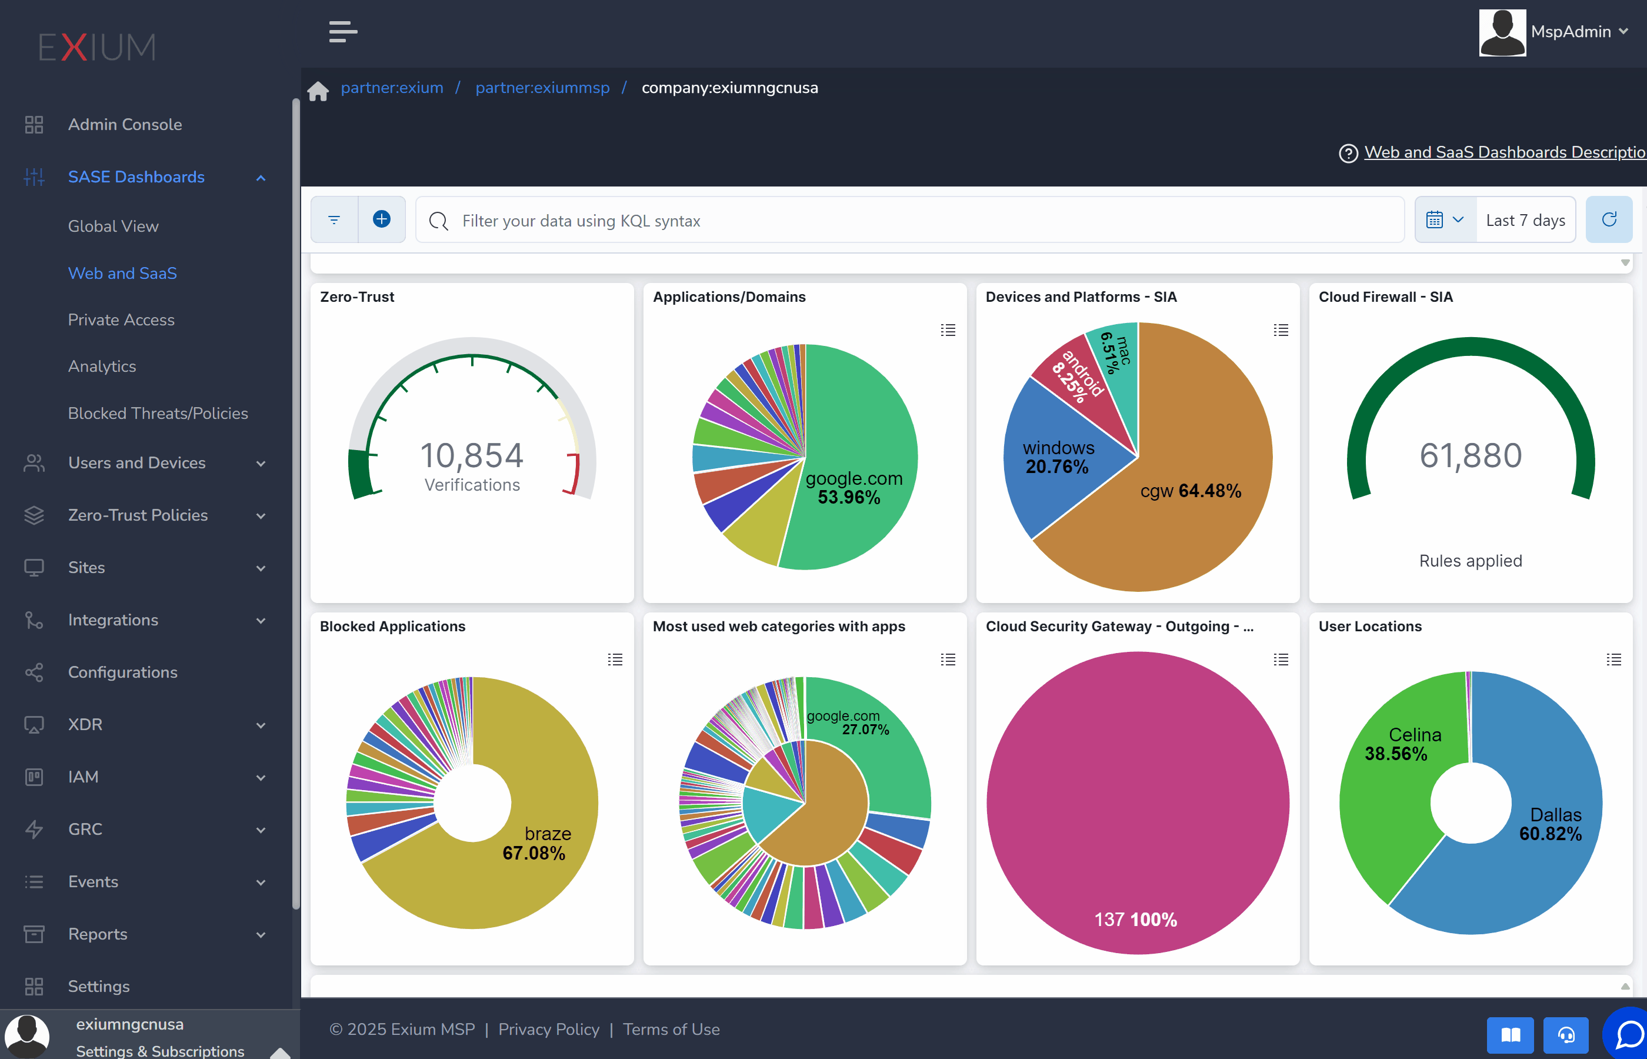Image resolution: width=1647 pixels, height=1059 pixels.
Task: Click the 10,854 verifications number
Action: point(472,455)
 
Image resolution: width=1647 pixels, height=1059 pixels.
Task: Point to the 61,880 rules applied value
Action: point(1471,455)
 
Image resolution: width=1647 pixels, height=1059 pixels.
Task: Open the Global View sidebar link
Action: point(114,227)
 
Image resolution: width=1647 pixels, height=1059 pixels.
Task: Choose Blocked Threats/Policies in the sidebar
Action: point(158,413)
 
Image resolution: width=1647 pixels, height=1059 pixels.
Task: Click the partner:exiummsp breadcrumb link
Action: point(542,88)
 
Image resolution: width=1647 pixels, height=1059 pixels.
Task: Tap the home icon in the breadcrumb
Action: point(318,90)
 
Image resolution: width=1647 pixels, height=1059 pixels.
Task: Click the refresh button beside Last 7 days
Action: point(1609,220)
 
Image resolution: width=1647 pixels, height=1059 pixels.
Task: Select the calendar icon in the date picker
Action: point(1435,220)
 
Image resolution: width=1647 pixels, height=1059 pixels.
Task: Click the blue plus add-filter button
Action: point(382,219)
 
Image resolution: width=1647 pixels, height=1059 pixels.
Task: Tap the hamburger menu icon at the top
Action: point(343,32)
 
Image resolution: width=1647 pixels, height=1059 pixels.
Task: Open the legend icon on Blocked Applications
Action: point(615,660)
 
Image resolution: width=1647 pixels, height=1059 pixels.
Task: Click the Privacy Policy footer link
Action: point(549,1030)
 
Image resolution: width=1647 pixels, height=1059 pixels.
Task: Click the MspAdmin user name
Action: point(1571,32)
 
